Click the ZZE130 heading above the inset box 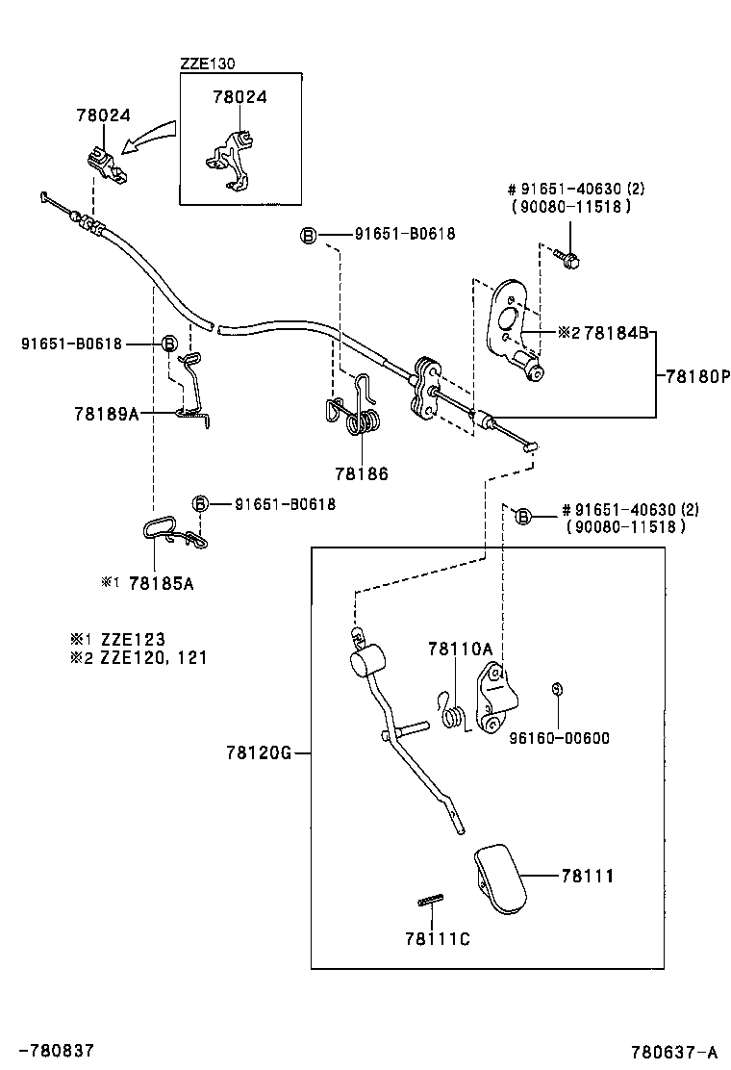coord(207,64)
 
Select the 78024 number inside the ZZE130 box coord(239,97)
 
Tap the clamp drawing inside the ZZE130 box coord(232,154)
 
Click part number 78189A coord(106,414)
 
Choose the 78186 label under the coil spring coord(362,473)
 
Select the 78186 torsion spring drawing coord(358,410)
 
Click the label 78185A coord(161,583)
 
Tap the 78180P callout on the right coord(693,376)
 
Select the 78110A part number coord(460,650)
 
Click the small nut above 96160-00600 coord(557,689)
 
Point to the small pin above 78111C coord(430,901)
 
